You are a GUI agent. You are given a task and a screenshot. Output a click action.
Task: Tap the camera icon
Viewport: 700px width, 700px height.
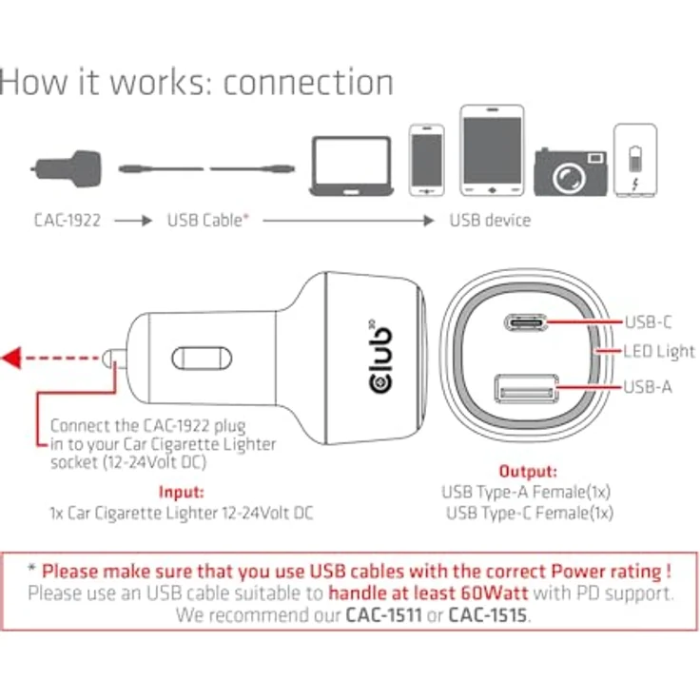pos(570,170)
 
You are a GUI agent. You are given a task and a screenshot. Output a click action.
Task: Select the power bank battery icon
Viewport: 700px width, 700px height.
pos(634,161)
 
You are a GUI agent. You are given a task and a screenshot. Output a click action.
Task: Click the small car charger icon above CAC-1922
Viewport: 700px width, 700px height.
pos(66,166)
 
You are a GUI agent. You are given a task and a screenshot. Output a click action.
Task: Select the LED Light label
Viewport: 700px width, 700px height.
pos(659,352)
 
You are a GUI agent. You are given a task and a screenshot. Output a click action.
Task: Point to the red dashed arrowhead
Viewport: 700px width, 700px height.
pos(12,359)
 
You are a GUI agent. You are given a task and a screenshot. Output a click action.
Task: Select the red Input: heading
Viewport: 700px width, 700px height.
pos(181,493)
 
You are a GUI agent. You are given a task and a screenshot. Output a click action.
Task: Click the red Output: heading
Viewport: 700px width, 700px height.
pos(528,472)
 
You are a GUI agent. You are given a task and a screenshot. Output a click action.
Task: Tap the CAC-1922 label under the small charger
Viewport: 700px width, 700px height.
pos(67,221)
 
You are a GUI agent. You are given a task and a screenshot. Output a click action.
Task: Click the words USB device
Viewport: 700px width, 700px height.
pos(490,221)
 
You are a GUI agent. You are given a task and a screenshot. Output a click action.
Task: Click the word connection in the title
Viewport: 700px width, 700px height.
pos(308,82)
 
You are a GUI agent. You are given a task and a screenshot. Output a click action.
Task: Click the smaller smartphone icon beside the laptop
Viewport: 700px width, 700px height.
pos(426,160)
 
